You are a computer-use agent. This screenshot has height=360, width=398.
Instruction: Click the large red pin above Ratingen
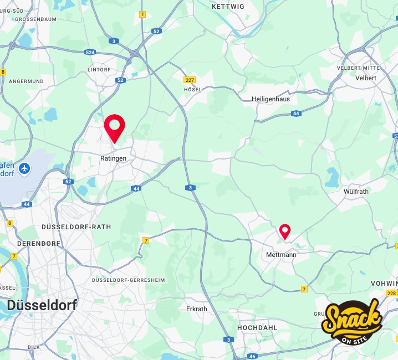point(114,127)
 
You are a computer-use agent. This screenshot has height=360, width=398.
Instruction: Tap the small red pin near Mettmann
point(285,230)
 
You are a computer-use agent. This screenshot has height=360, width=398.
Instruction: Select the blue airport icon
point(24,168)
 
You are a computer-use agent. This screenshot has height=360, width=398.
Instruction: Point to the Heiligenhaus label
point(271,99)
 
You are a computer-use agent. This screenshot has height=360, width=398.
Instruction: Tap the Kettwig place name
point(228,7)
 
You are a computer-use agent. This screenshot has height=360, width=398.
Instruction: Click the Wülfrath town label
point(355,192)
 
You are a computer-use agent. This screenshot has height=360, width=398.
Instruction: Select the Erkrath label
point(197,309)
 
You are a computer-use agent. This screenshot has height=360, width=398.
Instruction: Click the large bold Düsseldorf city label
point(42,305)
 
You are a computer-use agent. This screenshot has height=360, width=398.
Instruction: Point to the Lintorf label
point(99,70)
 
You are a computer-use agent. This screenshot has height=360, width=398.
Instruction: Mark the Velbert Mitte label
point(358,68)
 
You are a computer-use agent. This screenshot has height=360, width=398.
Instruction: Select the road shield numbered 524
point(90,52)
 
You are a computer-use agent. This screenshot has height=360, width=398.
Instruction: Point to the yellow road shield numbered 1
point(142,14)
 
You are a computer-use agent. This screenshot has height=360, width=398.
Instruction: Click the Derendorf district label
point(39,243)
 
